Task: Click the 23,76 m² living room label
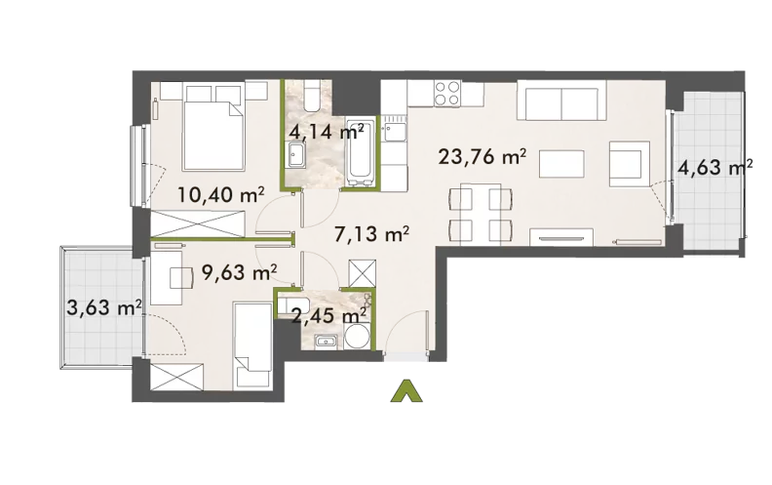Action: click(482, 158)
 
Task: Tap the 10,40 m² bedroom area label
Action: click(221, 195)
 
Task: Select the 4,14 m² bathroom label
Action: click(327, 132)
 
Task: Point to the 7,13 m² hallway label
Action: click(371, 234)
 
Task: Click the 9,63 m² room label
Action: click(239, 271)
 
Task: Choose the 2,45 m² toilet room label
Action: click(328, 315)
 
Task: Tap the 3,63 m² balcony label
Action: click(104, 309)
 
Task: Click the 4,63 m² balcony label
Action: click(714, 168)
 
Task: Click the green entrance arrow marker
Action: click(406, 391)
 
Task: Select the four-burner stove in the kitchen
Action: click(447, 94)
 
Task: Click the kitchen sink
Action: click(395, 133)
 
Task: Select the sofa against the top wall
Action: click(561, 101)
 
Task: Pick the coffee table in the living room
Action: click(561, 164)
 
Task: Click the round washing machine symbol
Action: click(357, 337)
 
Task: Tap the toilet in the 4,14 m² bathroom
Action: click(312, 96)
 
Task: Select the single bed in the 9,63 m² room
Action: click(253, 344)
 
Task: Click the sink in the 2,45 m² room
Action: click(325, 341)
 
